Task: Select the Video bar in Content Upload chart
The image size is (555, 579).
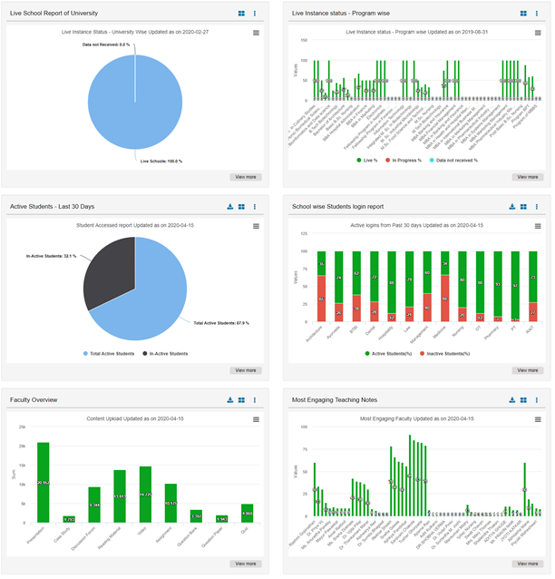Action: click(145, 495)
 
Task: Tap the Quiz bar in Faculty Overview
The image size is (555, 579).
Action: click(247, 514)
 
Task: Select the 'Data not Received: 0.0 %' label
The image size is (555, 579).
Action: click(106, 44)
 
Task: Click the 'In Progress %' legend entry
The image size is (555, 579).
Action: click(408, 160)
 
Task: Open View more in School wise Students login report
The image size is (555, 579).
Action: click(527, 370)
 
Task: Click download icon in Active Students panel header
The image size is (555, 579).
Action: click(230, 207)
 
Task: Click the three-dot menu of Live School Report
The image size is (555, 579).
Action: click(255, 14)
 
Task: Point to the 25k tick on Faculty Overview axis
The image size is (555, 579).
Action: click(23, 427)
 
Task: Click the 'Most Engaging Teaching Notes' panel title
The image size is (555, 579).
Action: click(337, 399)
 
